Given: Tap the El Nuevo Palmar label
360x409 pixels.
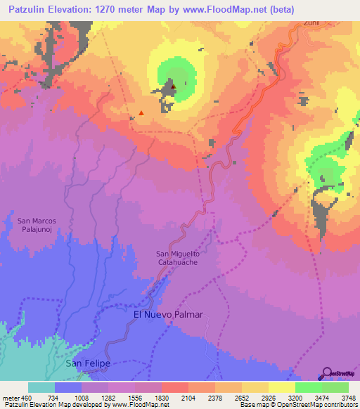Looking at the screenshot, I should point(168,315).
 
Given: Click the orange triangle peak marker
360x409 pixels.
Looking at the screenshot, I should point(141,112).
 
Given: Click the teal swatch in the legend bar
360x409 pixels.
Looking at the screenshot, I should point(41,387).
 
